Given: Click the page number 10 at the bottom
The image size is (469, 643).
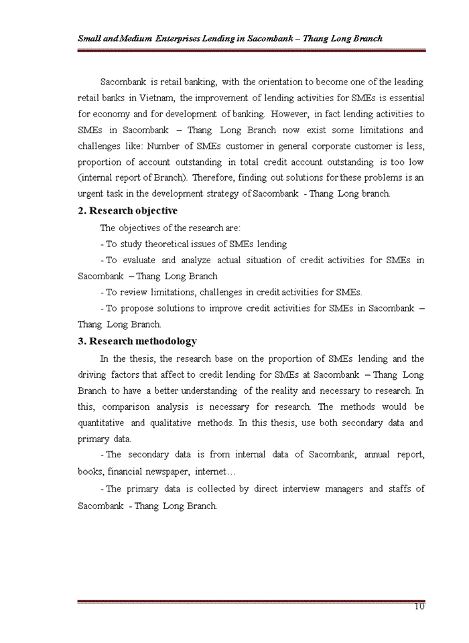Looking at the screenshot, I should [419, 607].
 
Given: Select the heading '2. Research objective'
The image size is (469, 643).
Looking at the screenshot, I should [127, 212].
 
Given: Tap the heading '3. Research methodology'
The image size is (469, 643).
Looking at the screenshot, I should [137, 341].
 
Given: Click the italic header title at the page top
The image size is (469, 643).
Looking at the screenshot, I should [230, 38].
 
